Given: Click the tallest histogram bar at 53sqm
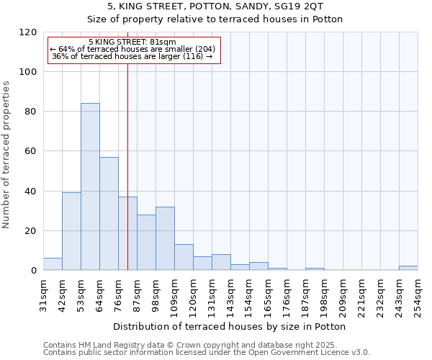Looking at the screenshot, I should [90, 187].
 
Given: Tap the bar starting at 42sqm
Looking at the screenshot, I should [71, 231].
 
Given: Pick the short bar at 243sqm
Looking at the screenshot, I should [408, 269].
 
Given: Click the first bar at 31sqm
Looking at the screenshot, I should [53, 264].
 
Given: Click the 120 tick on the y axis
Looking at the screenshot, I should [28, 32].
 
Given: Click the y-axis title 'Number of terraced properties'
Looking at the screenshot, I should [7, 154].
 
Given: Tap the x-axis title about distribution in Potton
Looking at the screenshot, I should [230, 326].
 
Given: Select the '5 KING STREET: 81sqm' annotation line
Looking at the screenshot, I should [132, 42].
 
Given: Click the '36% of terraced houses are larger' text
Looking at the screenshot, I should [132, 56].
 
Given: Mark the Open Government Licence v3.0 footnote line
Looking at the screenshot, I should [206, 353].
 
